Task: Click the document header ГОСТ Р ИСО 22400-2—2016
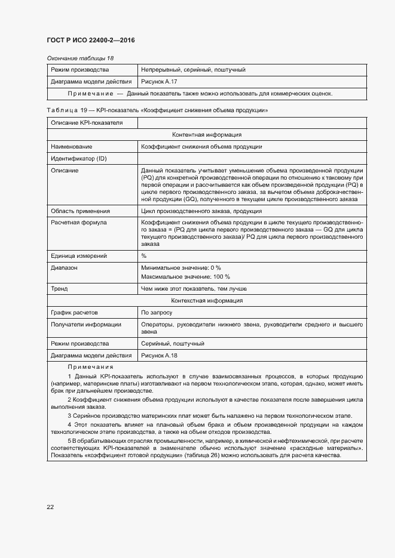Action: [90, 40]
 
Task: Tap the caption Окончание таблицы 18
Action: [80, 58]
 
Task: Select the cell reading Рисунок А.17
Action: [159, 81]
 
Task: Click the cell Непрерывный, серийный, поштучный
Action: [193, 70]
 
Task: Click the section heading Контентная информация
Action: [206, 135]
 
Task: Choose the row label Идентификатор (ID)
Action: [79, 158]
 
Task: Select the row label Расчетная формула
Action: [79, 223]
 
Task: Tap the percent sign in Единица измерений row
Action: [144, 255]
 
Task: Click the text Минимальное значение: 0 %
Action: [181, 267]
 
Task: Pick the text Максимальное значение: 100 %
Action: [185, 277]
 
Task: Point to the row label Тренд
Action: [59, 289]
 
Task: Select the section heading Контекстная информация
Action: [206, 301]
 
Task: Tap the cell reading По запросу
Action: [157, 312]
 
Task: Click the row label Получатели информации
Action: [86, 324]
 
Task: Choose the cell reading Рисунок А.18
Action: [159, 356]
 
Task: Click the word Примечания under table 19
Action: [90, 367]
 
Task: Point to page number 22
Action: [50, 507]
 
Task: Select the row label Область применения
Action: [80, 211]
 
